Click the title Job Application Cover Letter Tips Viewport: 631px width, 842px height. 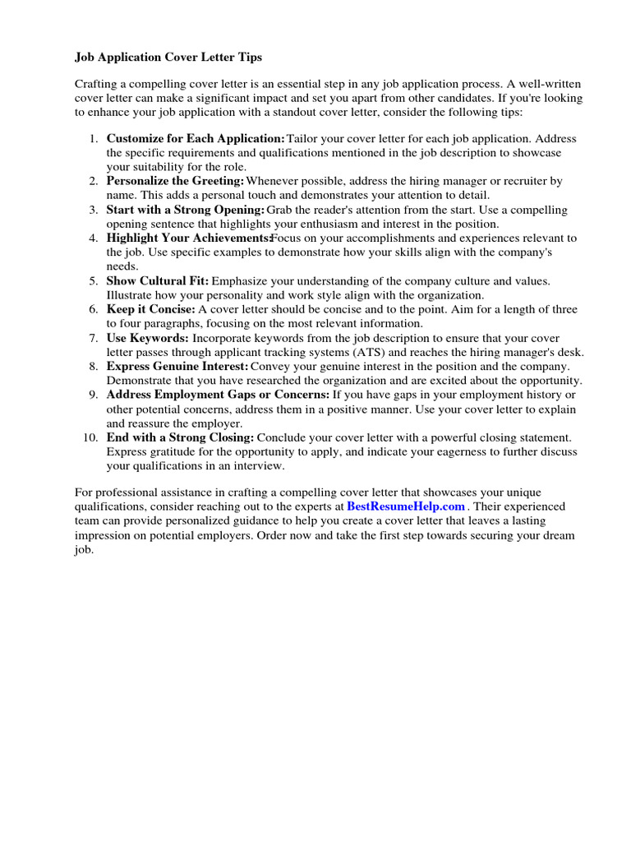(x=168, y=58)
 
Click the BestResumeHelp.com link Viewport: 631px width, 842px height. (x=405, y=507)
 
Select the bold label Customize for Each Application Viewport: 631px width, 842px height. (x=196, y=138)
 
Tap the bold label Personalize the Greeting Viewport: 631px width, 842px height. (x=175, y=181)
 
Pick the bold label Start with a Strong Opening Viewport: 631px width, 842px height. (x=186, y=210)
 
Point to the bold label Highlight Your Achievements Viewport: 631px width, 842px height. (x=188, y=238)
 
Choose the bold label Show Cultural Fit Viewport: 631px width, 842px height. (x=158, y=280)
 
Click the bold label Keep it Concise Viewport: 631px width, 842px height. (x=150, y=309)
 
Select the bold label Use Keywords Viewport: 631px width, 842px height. (x=148, y=338)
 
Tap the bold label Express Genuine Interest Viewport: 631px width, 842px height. (x=177, y=366)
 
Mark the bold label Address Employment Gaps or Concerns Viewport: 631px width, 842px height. (x=218, y=395)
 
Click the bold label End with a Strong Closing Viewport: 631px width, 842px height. (x=180, y=437)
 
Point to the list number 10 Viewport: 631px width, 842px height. (x=90, y=437)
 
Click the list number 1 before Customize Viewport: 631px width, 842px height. (x=94, y=138)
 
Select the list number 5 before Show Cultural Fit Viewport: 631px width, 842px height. (x=94, y=280)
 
